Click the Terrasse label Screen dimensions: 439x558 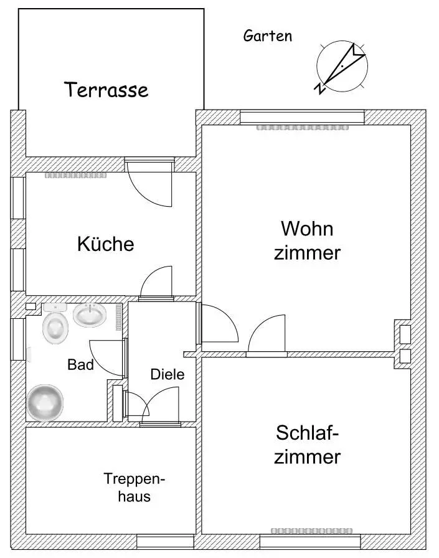[x=106, y=90]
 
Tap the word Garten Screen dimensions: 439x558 [x=268, y=35]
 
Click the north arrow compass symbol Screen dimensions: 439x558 [x=341, y=67]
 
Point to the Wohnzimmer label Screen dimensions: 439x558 [x=307, y=240]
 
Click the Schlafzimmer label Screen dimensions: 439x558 [x=307, y=445]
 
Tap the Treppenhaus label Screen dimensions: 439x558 [x=134, y=487]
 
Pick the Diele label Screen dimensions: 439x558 [x=168, y=374]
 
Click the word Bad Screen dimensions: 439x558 [x=81, y=365]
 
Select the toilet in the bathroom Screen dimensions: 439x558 [x=55, y=323]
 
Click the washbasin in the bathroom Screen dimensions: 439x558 [x=90, y=314]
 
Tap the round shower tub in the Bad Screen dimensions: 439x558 [x=45, y=403]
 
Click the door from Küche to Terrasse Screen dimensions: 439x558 [x=150, y=183]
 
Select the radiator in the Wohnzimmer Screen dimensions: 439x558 [x=302, y=127]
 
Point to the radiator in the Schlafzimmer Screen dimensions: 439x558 [x=311, y=531]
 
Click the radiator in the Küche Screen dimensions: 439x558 [x=75, y=176]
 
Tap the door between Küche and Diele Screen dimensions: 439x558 [x=156, y=283]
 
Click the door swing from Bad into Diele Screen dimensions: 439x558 [x=108, y=358]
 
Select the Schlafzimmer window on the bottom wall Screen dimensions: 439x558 [x=310, y=542]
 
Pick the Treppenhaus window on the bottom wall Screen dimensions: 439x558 [x=166, y=542]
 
